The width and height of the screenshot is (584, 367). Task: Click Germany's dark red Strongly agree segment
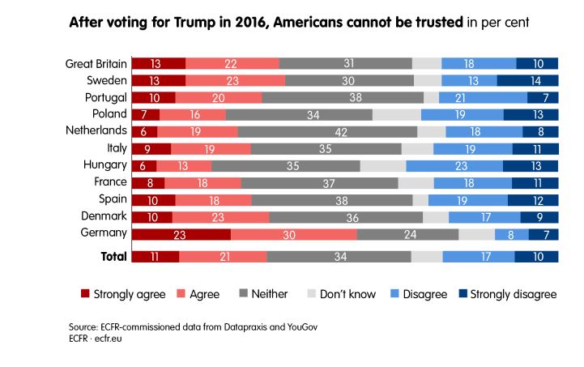point(181,235)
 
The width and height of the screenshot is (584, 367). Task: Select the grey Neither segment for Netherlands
point(327,131)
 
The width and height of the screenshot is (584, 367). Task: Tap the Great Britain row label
point(96,63)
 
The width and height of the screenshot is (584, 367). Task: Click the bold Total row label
point(113,257)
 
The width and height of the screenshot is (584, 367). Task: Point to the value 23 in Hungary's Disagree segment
point(454,166)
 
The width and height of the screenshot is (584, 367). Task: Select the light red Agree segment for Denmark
point(220,217)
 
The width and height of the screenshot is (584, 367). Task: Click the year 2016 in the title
point(246,23)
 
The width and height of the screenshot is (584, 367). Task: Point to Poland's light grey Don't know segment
point(397,114)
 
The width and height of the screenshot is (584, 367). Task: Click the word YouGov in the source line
point(259,326)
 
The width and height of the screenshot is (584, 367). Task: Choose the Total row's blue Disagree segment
point(478,257)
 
